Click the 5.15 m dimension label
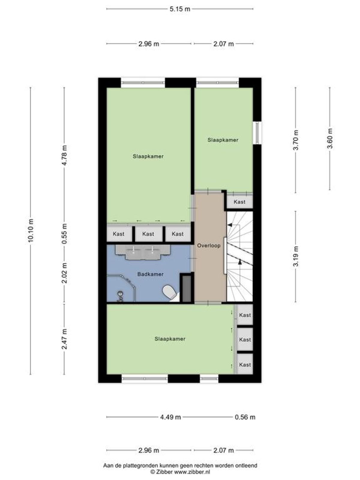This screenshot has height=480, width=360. (x=180, y=9)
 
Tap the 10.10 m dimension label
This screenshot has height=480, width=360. (x=31, y=230)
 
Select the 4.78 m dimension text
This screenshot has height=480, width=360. (x=64, y=155)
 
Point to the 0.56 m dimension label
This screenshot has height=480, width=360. (x=245, y=417)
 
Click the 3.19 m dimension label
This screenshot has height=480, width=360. (x=296, y=256)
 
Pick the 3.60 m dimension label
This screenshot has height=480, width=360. (x=330, y=139)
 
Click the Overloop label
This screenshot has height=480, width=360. (x=208, y=246)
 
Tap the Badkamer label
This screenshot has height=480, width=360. (x=150, y=274)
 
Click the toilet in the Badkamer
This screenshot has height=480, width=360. (x=169, y=292)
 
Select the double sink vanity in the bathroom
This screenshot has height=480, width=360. (x=143, y=252)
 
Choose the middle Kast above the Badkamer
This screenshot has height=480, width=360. (x=148, y=234)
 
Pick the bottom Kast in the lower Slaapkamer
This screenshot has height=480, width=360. (x=245, y=364)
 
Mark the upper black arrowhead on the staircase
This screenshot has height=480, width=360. (x=230, y=225)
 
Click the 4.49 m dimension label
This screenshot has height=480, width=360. (x=170, y=417)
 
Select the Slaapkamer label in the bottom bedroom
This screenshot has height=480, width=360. (x=170, y=339)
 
